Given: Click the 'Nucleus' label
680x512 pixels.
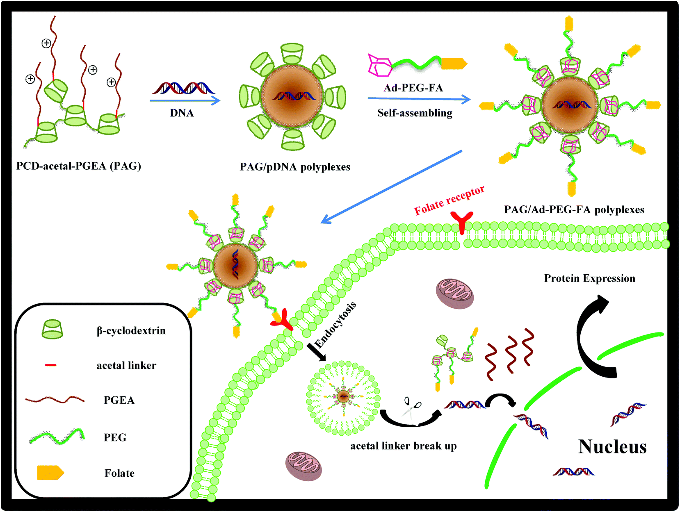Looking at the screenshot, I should tap(612, 447).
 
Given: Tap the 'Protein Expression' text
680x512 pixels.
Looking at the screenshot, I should tap(589, 279).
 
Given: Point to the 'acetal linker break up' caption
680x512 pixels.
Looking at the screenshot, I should tap(403, 446).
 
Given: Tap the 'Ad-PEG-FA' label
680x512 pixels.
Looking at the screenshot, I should tap(413, 88).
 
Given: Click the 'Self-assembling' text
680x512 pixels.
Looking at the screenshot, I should tap(415, 113).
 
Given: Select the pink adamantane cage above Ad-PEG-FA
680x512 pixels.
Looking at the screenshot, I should tap(379, 65).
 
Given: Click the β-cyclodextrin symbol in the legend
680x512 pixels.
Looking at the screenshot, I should tap(52, 330).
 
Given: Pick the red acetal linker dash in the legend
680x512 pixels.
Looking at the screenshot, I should tap(50, 365).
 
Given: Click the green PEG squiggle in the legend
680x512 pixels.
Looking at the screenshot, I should tap(57, 437).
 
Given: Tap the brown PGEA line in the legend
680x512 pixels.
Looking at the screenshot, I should tap(55, 400).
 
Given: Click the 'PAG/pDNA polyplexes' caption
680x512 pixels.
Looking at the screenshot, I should tap(295, 167).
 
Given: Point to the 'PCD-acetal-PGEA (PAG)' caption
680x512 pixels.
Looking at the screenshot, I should tap(78, 166).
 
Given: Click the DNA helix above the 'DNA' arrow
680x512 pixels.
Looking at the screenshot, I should tap(183, 88).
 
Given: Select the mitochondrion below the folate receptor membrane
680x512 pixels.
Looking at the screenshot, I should tap(454, 294).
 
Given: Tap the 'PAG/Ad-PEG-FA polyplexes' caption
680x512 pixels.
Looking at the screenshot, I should tap(574, 210).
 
